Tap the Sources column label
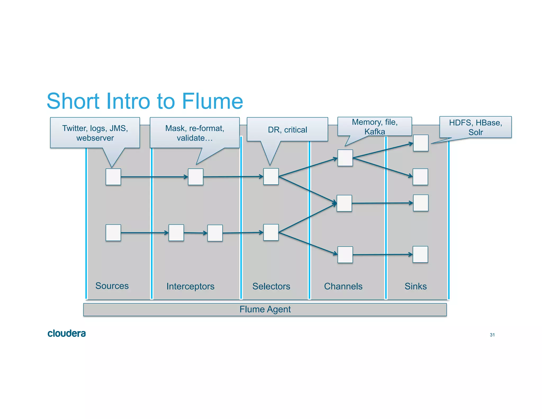112,286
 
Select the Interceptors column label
190,286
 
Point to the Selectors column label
271,286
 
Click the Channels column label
343,286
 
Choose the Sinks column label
415,286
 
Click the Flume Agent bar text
265,309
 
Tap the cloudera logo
66,333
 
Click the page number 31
492,335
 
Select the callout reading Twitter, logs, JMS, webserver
95,133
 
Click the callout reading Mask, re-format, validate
195,133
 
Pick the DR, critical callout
287,130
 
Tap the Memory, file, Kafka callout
374,127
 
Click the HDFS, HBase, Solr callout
475,127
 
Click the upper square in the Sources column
113,177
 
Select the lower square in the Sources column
113,233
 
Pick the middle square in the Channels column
344,203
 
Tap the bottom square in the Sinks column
420,254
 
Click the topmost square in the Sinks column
421,143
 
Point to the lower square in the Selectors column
271,232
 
